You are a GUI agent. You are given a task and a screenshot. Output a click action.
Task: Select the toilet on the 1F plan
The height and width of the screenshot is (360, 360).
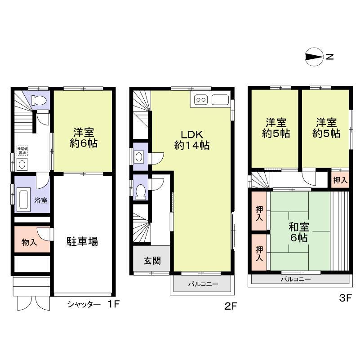[x=38, y=100]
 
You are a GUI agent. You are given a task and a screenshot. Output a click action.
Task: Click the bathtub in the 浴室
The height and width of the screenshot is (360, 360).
[x=23, y=198]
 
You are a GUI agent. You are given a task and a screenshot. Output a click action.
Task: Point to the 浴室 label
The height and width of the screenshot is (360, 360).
[x=41, y=200]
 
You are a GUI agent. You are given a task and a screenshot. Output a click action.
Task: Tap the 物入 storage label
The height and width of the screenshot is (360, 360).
[x=29, y=242]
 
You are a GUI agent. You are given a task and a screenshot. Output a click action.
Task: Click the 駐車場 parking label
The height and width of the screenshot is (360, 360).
[x=83, y=242]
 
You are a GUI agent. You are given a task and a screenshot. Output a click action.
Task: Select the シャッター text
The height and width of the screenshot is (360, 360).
[x=84, y=304]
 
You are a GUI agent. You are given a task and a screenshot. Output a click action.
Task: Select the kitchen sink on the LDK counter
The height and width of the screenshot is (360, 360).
[x=220, y=100]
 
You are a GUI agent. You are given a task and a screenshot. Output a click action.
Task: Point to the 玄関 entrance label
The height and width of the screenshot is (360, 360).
[x=151, y=261]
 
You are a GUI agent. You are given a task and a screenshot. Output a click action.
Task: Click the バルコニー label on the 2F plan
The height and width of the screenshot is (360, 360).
[x=202, y=284]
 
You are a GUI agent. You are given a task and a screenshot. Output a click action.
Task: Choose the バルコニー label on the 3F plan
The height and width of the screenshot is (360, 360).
[x=296, y=279]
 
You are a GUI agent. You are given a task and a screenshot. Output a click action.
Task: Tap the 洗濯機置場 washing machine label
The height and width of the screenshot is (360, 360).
[x=21, y=151]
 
